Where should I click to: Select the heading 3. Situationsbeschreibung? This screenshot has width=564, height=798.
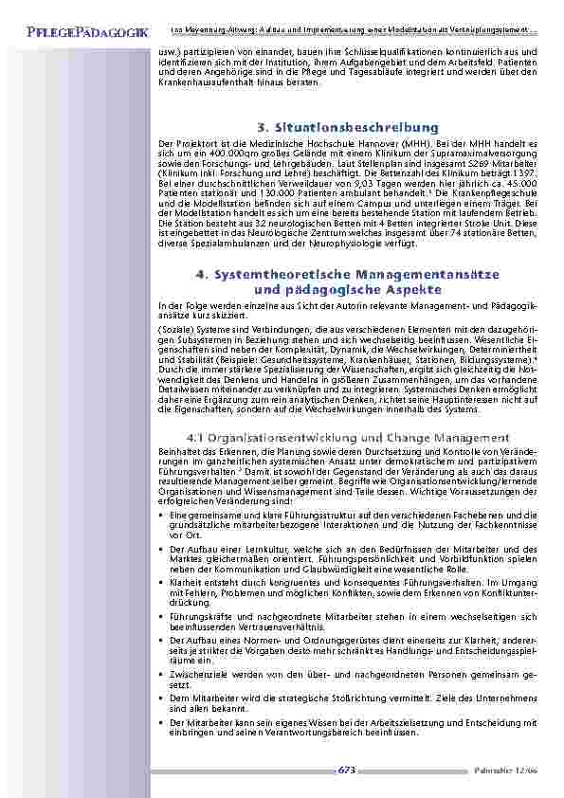coord(347,126)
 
